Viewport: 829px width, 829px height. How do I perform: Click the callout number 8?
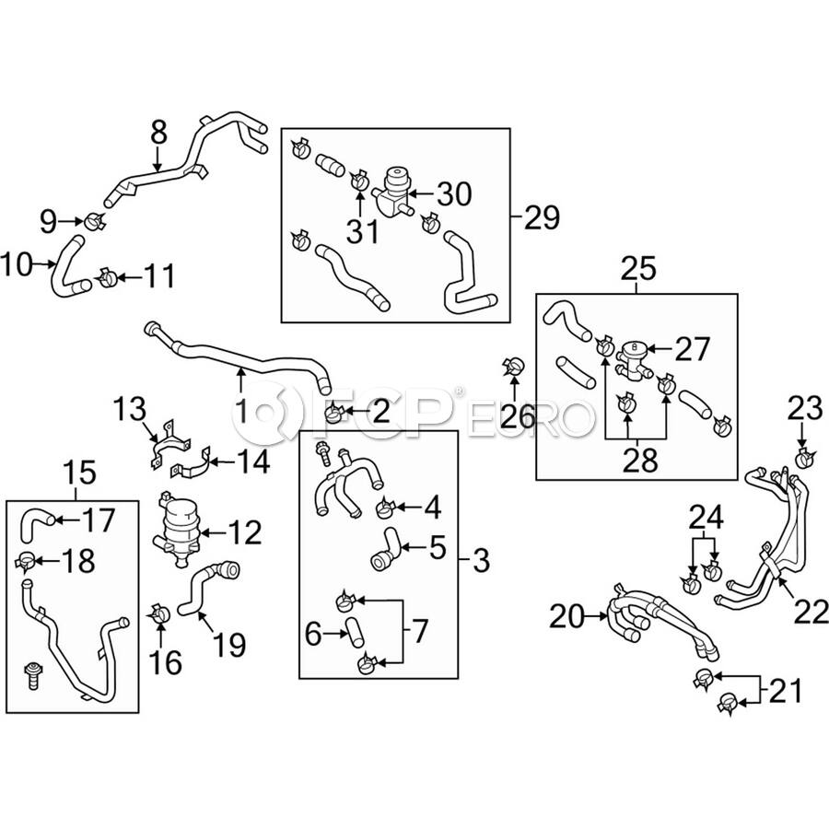tap(158, 133)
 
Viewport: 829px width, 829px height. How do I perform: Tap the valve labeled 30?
tap(392, 194)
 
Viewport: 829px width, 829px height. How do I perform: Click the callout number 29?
tap(542, 217)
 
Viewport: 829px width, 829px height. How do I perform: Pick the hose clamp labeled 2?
tap(334, 412)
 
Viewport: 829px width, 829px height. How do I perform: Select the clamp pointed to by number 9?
tap(95, 221)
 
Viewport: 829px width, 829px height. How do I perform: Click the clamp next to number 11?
tap(108, 277)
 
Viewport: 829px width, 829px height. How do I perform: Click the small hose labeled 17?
tap(36, 523)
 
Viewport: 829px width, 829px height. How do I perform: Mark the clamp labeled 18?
tap(26, 560)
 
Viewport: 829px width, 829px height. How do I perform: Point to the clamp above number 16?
tap(159, 613)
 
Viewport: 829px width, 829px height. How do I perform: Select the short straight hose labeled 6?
tap(355, 631)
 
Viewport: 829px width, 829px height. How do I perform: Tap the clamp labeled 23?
tap(805, 458)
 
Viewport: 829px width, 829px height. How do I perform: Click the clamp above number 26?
tap(512, 364)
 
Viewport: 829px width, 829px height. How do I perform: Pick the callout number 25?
tap(637, 269)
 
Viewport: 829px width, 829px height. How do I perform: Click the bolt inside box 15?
tap(33, 674)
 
